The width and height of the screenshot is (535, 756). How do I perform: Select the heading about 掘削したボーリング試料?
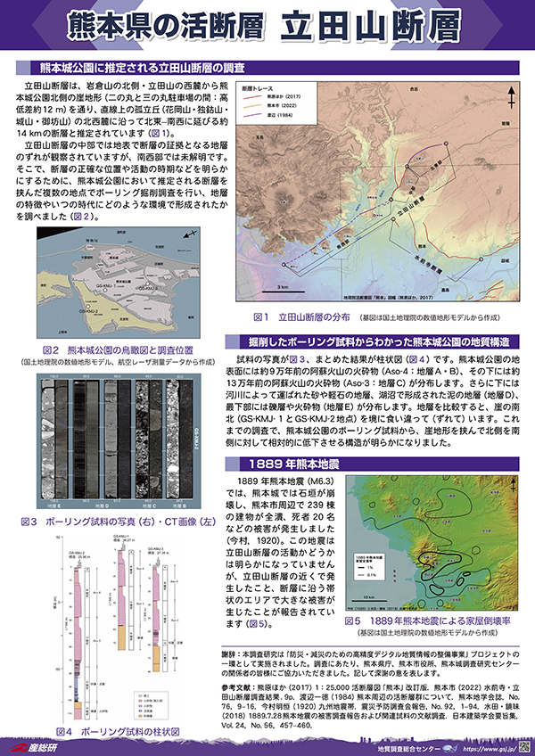[380, 341]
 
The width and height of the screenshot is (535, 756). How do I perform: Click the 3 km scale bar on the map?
[282, 282]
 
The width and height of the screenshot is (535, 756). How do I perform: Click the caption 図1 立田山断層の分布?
[298, 316]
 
